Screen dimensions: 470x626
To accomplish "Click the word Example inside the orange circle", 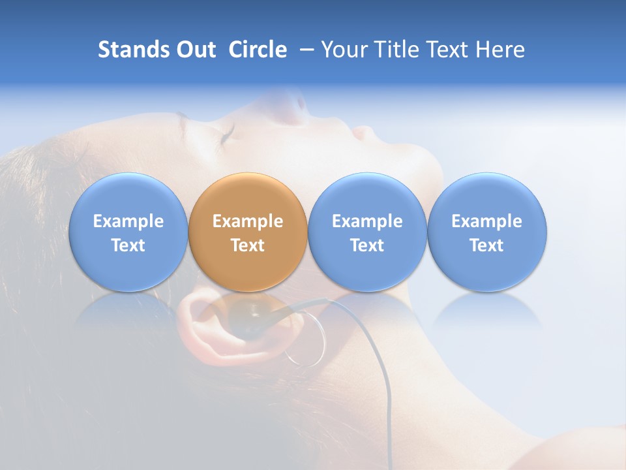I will pyautogui.click(x=248, y=221).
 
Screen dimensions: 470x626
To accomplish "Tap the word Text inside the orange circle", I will pyautogui.click(x=248, y=245).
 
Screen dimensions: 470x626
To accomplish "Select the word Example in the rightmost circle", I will pyautogui.click(x=487, y=221).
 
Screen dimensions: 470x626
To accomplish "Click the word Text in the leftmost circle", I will pyautogui.click(x=128, y=245).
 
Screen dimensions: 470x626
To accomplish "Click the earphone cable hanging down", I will pyautogui.click(x=385, y=392).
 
